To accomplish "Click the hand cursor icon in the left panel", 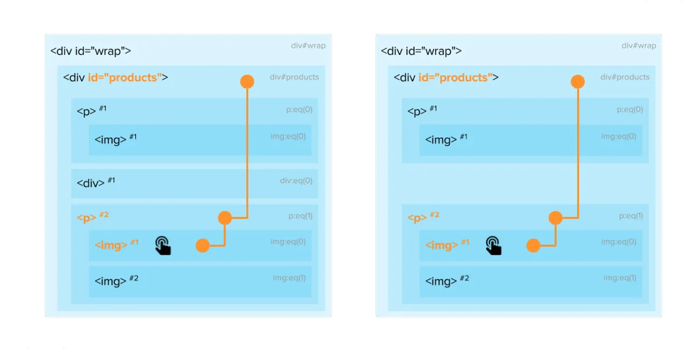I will coord(163,245).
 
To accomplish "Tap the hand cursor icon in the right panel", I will coord(494,245).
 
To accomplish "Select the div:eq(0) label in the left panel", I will coord(296,181).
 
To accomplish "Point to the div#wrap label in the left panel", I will coord(308,45).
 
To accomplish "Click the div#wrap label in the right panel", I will coord(639,45).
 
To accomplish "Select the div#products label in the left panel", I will coord(294,77).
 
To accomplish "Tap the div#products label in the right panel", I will coord(625,77).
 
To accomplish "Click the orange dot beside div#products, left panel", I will coord(247,82).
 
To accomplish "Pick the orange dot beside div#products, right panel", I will coord(578,82).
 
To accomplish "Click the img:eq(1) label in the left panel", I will coord(289,278).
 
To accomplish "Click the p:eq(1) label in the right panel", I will coord(631,216).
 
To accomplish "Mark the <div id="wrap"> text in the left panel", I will coord(90,51).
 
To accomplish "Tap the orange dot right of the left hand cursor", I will coord(203,246).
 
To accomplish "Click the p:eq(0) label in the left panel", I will coord(299,109).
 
